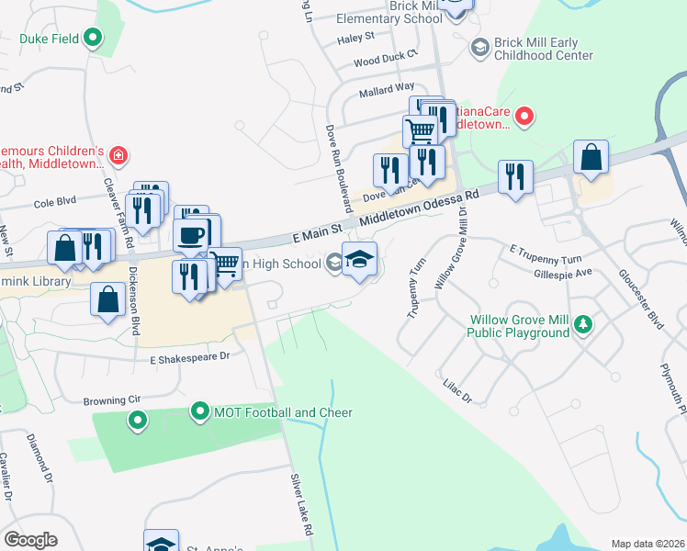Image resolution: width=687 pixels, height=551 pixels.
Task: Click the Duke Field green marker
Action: pos(93,38)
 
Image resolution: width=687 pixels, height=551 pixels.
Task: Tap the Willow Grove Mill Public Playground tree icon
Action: pos(582,324)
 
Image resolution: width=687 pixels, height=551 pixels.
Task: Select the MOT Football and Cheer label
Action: pos(283,412)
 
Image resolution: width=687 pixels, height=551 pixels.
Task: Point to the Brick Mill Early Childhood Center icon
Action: pos(479,47)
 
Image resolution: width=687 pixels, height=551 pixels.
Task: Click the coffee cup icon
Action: pos(192,234)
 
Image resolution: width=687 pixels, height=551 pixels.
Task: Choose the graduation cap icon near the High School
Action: pos(360,260)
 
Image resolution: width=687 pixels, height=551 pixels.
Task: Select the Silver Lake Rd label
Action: pos(301,506)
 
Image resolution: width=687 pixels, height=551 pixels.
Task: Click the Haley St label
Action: pos(356,38)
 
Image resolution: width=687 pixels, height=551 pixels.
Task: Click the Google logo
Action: pos(30,540)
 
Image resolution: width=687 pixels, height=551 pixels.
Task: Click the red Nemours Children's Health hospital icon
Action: pos(118,157)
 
